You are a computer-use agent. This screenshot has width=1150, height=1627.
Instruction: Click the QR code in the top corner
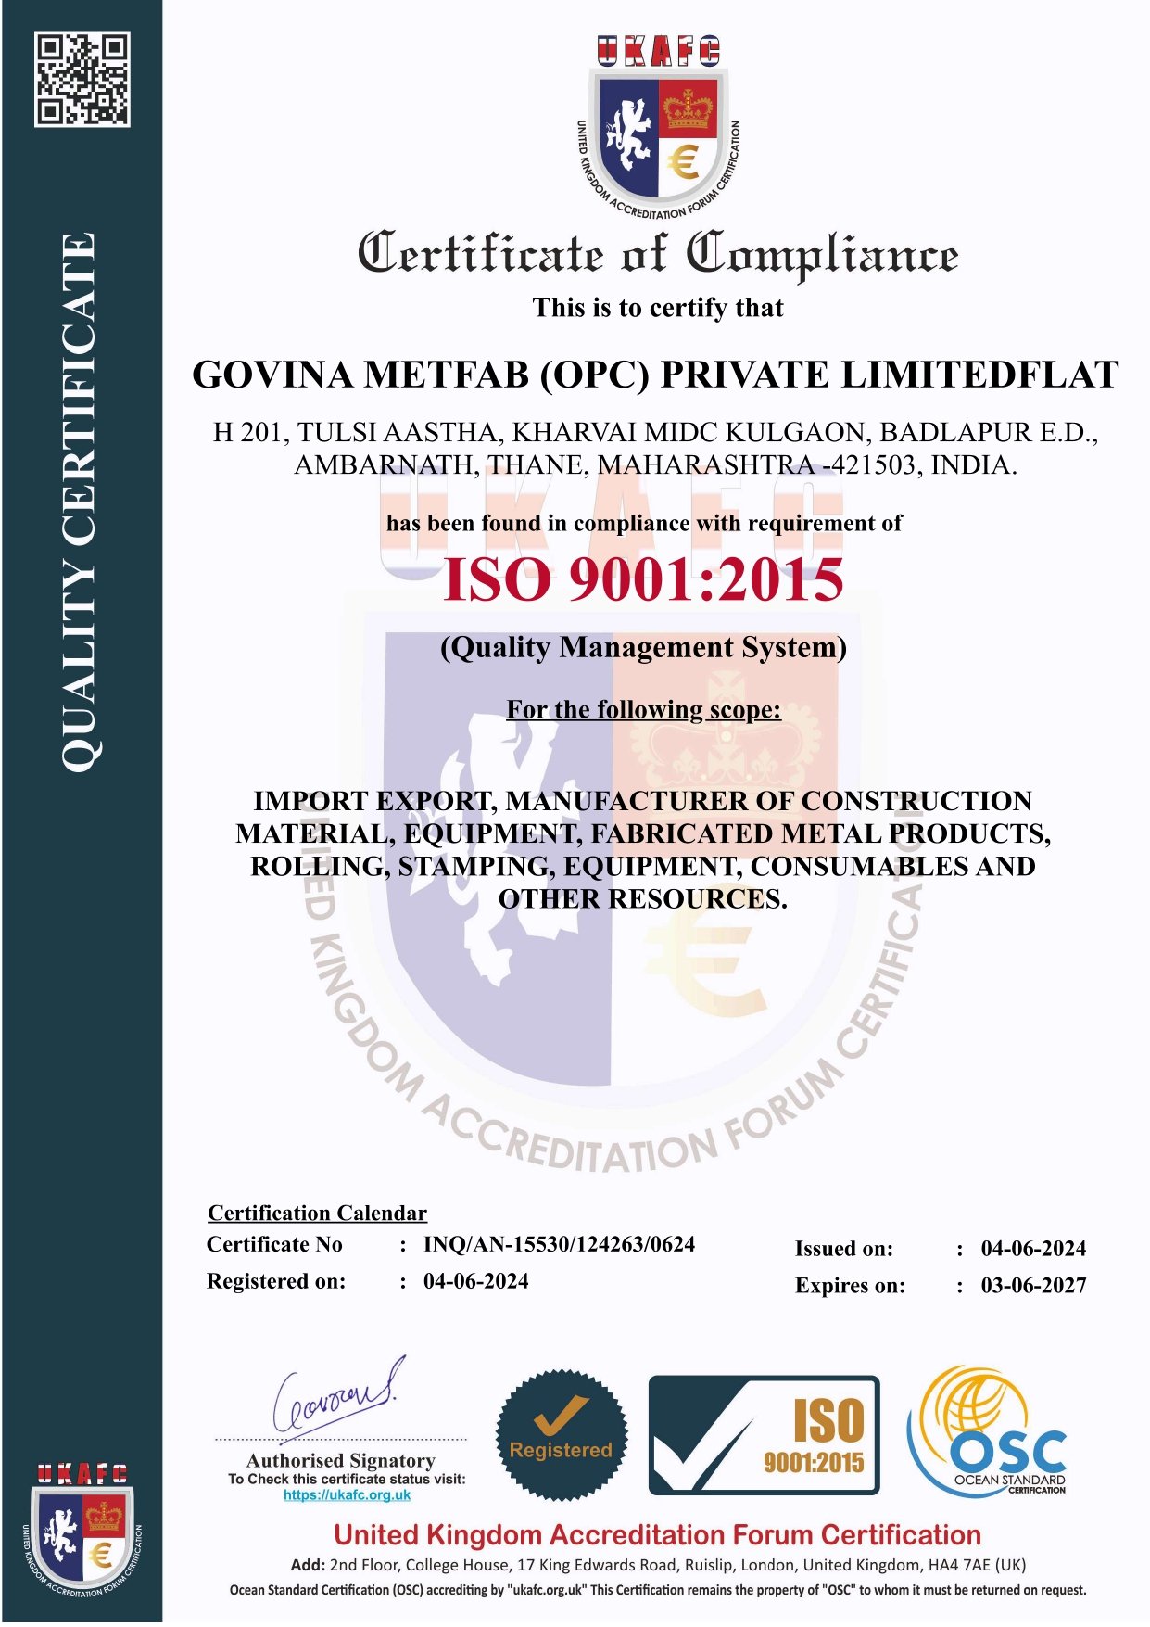click(82, 79)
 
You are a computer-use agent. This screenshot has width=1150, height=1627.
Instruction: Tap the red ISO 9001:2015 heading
click(643, 580)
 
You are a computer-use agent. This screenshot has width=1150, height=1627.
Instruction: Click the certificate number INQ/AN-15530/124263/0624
click(559, 1244)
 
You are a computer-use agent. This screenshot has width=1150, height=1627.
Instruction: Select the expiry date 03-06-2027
click(1033, 1286)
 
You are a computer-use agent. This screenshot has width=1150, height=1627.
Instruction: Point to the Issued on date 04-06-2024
click(1033, 1249)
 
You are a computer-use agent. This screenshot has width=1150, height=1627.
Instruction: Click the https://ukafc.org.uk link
click(347, 1494)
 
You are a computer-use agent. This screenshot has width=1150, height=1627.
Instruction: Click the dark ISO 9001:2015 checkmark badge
click(764, 1435)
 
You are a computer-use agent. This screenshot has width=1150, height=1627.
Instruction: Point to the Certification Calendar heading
click(317, 1214)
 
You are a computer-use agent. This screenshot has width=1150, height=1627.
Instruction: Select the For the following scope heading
click(643, 710)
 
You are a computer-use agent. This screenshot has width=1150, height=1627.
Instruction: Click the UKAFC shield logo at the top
click(658, 125)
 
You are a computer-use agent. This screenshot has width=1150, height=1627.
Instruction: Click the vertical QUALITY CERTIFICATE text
click(79, 501)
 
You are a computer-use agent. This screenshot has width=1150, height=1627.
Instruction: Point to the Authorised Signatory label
click(341, 1460)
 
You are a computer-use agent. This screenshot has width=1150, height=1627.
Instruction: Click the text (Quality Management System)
click(643, 647)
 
